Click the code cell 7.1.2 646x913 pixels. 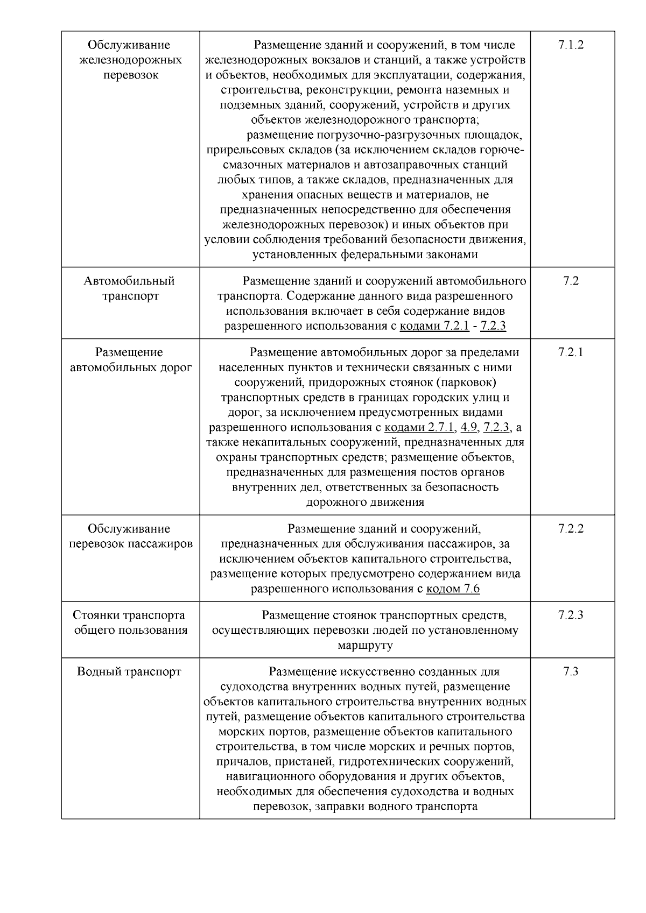click(571, 45)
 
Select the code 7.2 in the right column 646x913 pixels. click(571, 281)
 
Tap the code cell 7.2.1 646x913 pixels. click(571, 352)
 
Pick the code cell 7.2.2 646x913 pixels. click(571, 528)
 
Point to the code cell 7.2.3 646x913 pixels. click(571, 615)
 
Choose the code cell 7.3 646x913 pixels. click(571, 671)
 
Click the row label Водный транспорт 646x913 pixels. click(129, 671)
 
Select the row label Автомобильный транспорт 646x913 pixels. click(130, 288)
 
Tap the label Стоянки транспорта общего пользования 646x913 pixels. click(130, 622)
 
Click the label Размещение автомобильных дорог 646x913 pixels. click(130, 360)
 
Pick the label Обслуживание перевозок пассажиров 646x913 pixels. click(130, 536)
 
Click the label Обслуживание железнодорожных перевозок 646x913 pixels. click(130, 60)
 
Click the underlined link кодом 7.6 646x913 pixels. click(453, 589)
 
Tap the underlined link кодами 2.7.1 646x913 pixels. click(420, 428)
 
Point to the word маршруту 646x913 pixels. click(365, 645)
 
